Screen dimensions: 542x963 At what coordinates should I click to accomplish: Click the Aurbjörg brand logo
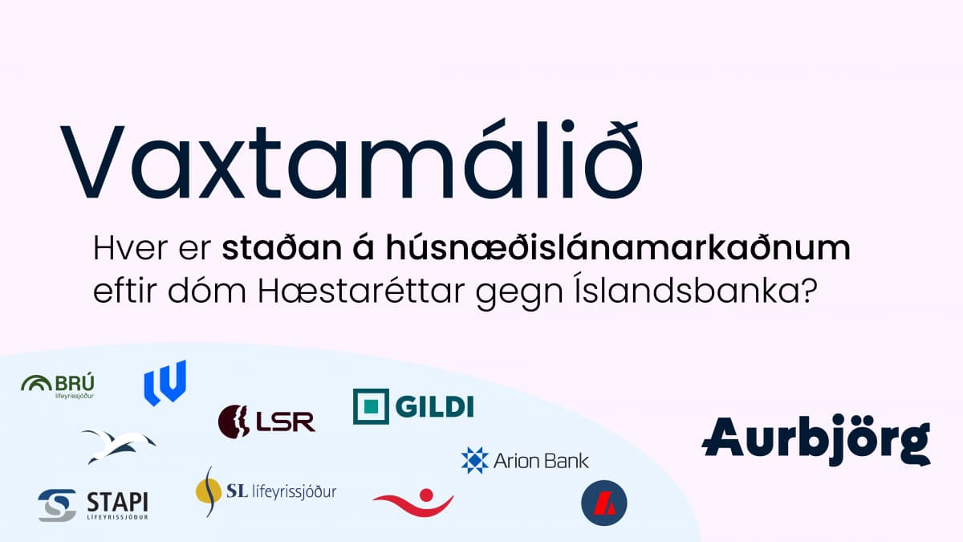(815, 440)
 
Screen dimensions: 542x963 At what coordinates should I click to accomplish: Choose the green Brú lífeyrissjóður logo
(58, 385)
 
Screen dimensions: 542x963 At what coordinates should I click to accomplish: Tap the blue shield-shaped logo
(165, 382)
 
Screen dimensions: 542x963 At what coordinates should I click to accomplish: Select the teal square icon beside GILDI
(371, 406)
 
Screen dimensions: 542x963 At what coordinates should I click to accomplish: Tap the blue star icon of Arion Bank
(474, 460)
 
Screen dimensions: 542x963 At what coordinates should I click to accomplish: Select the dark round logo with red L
(603, 503)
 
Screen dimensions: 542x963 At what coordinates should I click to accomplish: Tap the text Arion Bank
(541, 461)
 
